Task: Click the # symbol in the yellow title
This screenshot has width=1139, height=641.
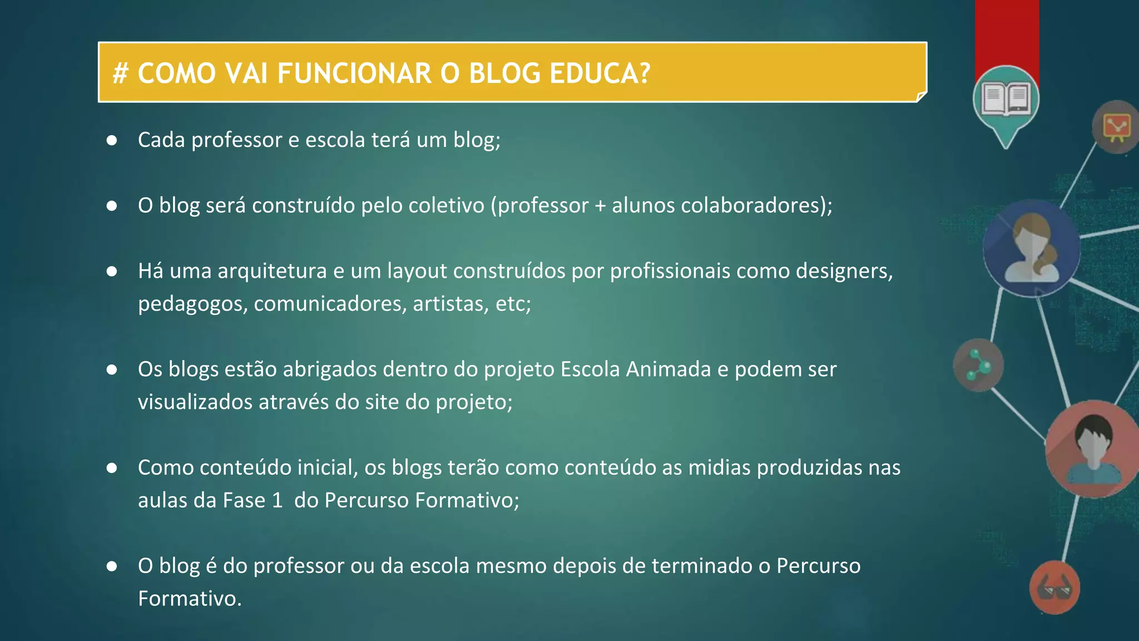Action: [x=120, y=73]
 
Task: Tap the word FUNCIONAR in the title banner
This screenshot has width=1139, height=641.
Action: [x=354, y=73]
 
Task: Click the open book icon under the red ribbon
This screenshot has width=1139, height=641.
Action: [x=1006, y=99]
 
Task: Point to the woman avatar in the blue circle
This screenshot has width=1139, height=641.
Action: [x=1032, y=249]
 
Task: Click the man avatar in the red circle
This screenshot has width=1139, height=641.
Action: [x=1093, y=448]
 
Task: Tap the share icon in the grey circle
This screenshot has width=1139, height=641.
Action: [x=978, y=365]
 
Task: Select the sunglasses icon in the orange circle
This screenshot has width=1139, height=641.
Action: [x=1054, y=588]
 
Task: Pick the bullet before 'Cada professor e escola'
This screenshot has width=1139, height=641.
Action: [x=112, y=140]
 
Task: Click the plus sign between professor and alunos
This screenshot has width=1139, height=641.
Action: [x=600, y=206]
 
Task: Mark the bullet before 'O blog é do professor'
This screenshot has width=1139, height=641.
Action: [x=112, y=566]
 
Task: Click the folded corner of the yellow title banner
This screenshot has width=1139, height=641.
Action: [x=921, y=97]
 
